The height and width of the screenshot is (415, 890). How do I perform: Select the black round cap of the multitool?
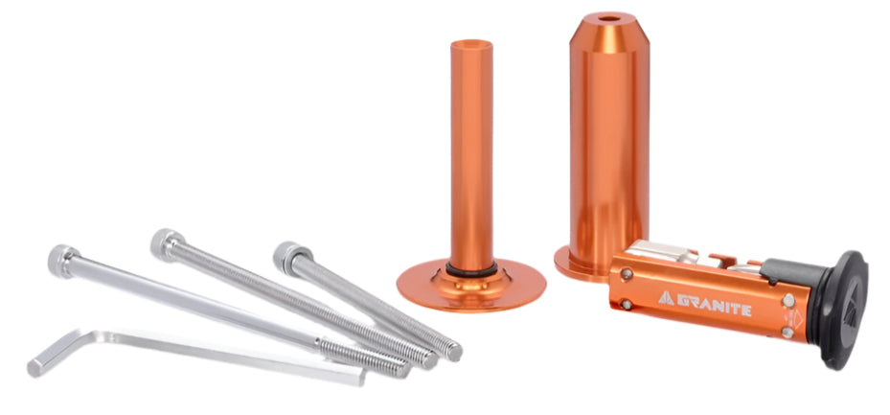point(843,310)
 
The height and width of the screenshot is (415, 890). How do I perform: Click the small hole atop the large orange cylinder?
point(609,19)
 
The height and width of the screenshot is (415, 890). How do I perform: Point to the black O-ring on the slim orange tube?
point(471,268)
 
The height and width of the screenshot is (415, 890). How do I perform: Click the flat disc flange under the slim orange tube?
point(471,286)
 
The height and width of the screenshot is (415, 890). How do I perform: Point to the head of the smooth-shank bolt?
point(63,260)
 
